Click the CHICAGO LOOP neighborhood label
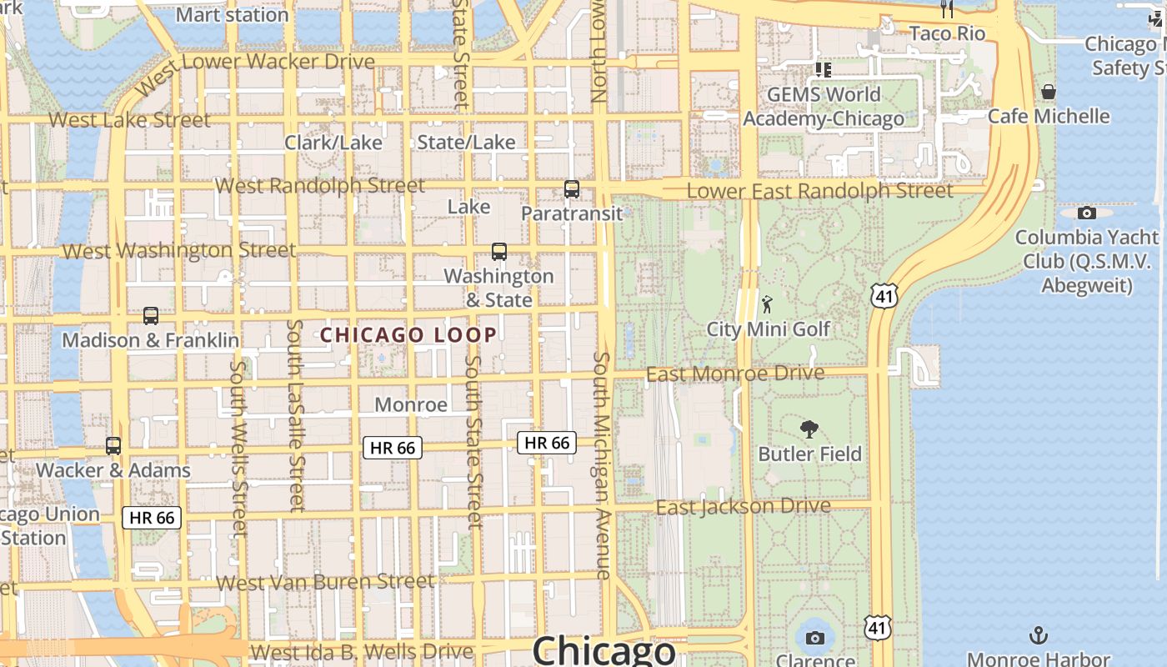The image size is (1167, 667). click(408, 335)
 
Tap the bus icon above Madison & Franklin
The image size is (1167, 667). click(151, 316)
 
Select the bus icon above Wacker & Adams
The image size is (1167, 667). click(113, 445)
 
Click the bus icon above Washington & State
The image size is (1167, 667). click(499, 251)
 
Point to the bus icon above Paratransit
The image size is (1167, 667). click(572, 188)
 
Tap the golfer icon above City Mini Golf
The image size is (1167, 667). click(767, 304)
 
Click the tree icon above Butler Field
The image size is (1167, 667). click(809, 429)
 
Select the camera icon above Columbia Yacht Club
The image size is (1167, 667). click(1087, 213)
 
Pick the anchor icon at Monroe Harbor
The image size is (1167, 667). click(1038, 636)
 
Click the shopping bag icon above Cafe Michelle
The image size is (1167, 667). click(1049, 91)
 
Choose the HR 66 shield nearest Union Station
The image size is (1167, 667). click(152, 518)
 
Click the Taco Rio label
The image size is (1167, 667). click(947, 33)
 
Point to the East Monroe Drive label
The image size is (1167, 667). click(735, 373)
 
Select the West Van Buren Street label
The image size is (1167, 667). click(325, 581)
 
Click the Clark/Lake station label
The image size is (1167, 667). click(333, 143)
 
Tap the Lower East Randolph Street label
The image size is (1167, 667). click(819, 191)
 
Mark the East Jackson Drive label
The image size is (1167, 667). click(743, 507)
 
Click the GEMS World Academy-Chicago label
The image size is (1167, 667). click(824, 107)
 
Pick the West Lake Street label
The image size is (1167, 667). click(129, 120)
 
